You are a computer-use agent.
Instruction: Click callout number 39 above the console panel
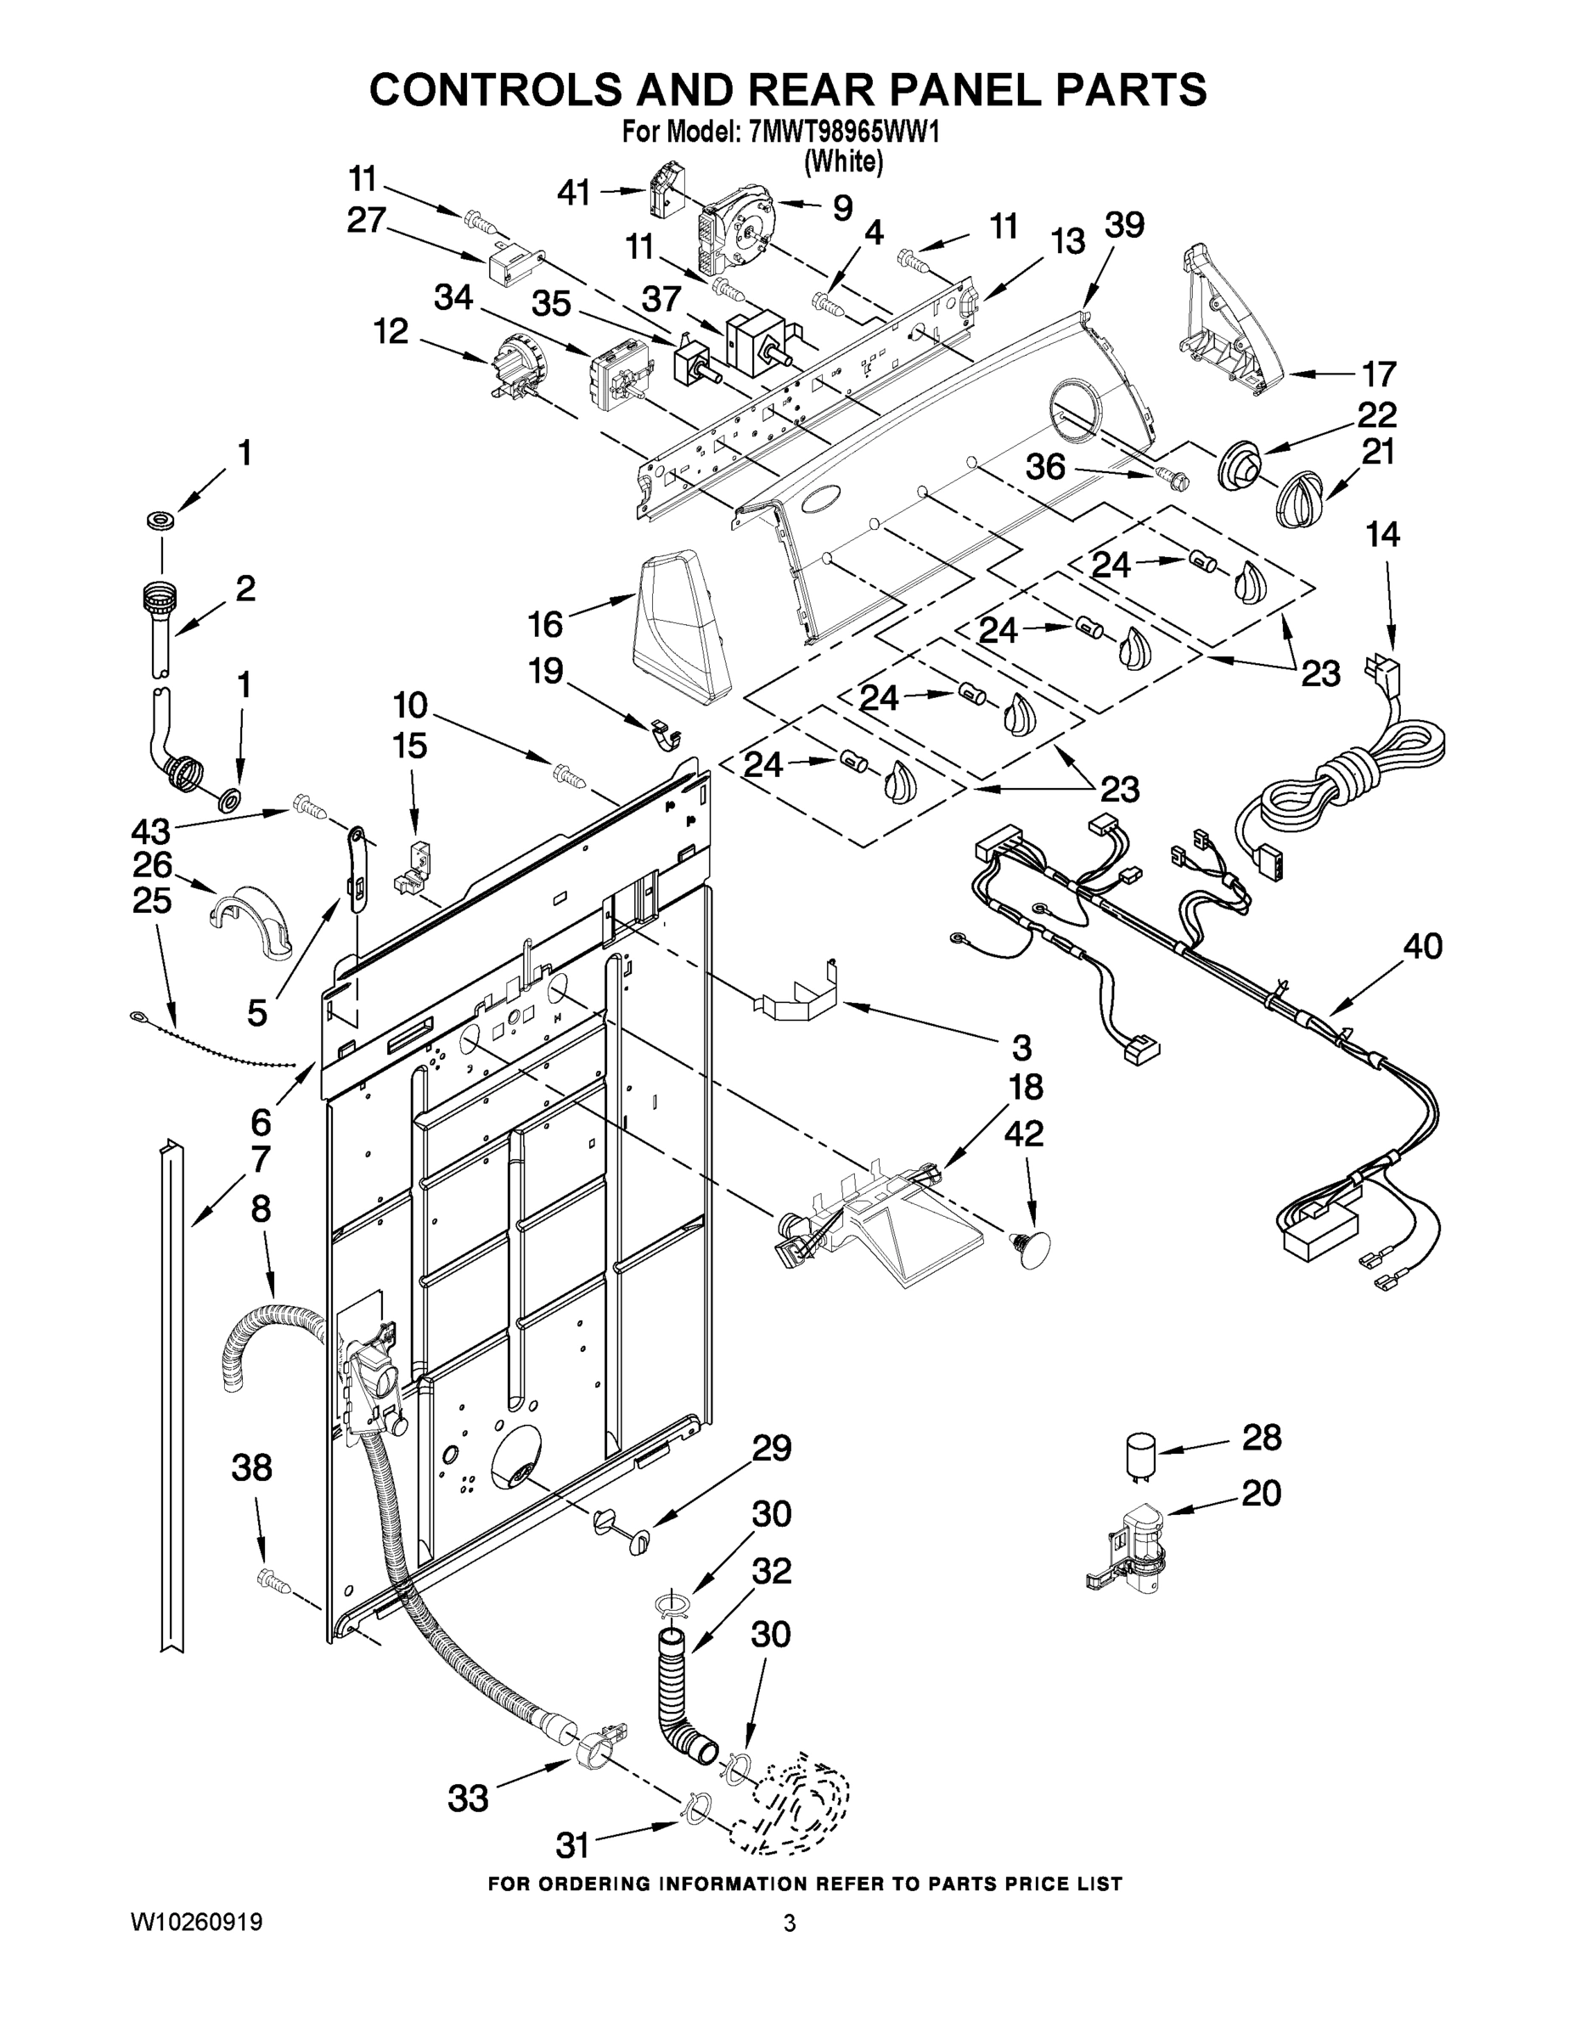pyautogui.click(x=1123, y=226)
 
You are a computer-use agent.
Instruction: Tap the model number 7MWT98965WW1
pyautogui.click(x=842, y=132)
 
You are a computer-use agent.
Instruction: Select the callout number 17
pyautogui.click(x=1379, y=374)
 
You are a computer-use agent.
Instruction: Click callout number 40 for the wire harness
pyautogui.click(x=1423, y=946)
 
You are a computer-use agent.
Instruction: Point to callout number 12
pyautogui.click(x=391, y=330)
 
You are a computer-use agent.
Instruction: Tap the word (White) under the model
pyautogui.click(x=843, y=160)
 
